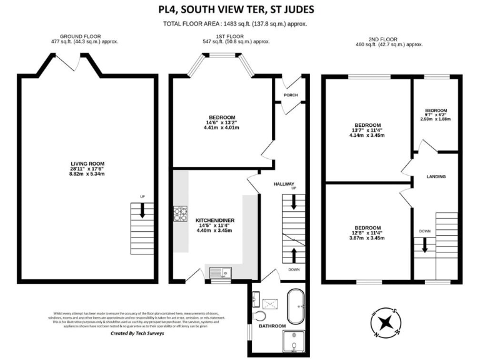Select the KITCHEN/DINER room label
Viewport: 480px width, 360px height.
(x=214, y=221)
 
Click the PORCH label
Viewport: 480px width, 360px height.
(x=291, y=95)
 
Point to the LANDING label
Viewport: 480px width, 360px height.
(x=436, y=177)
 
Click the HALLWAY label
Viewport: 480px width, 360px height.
(x=284, y=184)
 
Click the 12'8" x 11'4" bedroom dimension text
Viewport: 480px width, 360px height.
(x=367, y=233)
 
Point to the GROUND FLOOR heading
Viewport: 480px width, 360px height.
(x=84, y=37)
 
